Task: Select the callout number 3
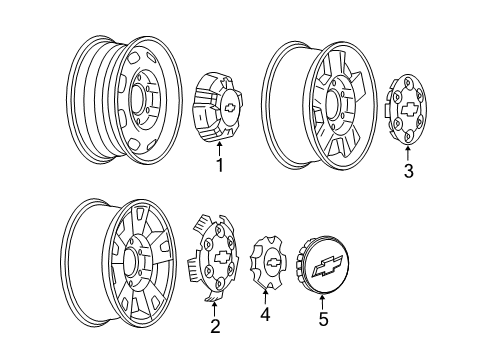[408, 171]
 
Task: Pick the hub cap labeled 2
[214, 255]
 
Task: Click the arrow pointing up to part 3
[407, 152]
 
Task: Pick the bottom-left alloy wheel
[120, 264]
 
